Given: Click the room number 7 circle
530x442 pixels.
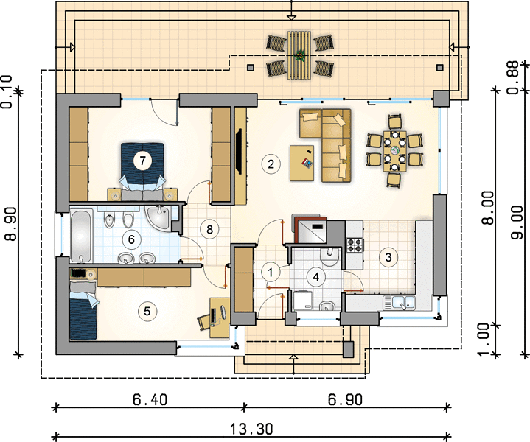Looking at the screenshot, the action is pos(142,161).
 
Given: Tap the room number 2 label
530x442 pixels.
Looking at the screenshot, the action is pos(271,164).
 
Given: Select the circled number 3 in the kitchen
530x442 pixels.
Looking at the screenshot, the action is pos(388,257).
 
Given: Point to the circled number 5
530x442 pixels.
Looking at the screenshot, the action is pos(147,311).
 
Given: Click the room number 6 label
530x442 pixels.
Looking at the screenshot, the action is pos(131,239).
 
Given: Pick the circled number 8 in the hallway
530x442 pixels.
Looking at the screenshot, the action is pos(209,229).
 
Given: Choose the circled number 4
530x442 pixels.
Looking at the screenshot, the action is pos(316,277).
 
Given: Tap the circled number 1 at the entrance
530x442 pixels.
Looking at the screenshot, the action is pos(271,273).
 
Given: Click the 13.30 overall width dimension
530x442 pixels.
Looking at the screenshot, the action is pos(251,429).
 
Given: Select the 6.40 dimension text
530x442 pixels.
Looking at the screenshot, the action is pos(150,400).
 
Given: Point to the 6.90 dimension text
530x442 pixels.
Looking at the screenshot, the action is pos(345,400).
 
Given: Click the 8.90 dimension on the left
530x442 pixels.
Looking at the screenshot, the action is pos(10,224).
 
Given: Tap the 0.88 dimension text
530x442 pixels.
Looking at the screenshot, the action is pos(514,77).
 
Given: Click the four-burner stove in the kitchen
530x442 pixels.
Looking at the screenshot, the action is pos(355,245).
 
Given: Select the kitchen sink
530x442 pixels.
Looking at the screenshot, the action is pos(399,303).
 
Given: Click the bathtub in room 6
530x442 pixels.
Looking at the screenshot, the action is pos(81,236).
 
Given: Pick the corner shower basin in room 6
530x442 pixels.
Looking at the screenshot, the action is pos(158,218).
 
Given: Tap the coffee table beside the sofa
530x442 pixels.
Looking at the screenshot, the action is pos(301,164).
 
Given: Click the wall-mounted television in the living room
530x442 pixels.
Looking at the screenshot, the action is pos(240,151).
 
